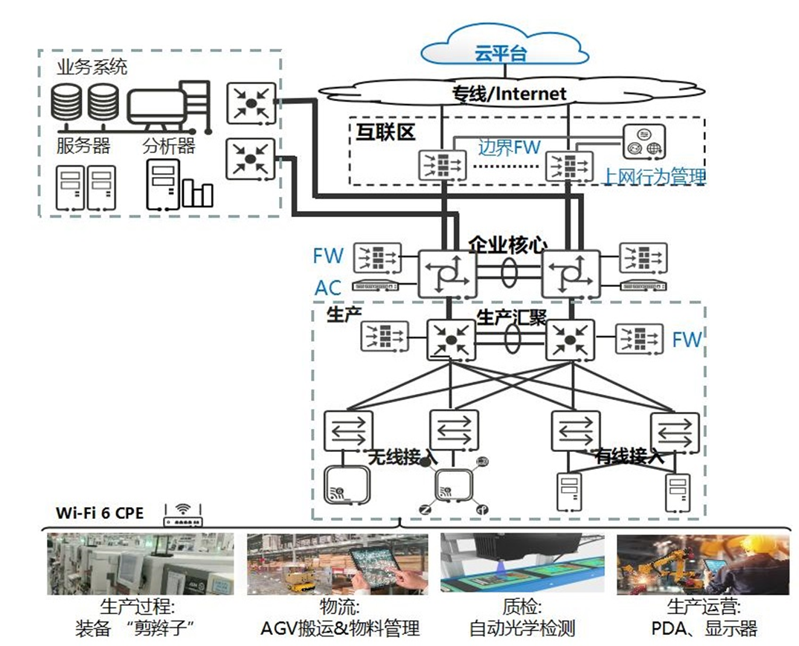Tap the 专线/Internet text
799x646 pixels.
pyautogui.click(x=510, y=94)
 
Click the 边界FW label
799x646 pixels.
pyautogui.click(x=509, y=147)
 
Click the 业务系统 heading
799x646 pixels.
pyautogui.click(x=92, y=67)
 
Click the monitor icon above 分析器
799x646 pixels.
pyautogui.click(x=158, y=106)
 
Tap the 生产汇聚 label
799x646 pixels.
pyautogui.click(x=511, y=317)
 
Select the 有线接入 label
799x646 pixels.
pyautogui.click(x=629, y=456)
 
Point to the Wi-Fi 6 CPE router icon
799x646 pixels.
pyautogui.click(x=182, y=514)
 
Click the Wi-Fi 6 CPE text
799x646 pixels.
pyautogui.click(x=100, y=513)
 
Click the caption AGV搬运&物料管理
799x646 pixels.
pyautogui.click(x=340, y=628)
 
